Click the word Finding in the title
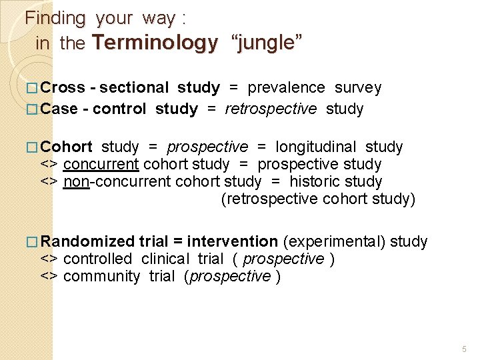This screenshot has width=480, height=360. (55, 19)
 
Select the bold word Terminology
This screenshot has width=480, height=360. (155, 43)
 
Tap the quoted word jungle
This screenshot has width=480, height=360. (266, 43)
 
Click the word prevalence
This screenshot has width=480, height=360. (286, 88)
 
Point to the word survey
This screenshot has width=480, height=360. (358, 88)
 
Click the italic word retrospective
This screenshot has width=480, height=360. (271, 109)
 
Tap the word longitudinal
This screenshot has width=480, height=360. (315, 147)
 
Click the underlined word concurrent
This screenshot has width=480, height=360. (101, 164)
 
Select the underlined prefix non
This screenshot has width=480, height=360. (76, 181)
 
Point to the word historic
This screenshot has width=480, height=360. (314, 181)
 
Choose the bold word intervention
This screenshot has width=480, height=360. (232, 241)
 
